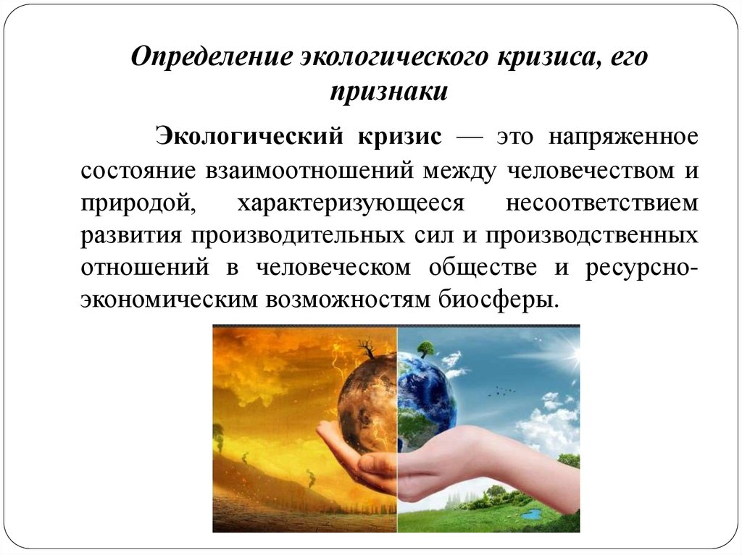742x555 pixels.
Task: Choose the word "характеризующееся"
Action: tap(349, 203)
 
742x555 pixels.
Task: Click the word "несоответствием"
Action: tap(602, 203)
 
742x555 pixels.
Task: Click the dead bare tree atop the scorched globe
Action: tap(370, 350)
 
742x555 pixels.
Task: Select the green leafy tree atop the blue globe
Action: tap(424, 347)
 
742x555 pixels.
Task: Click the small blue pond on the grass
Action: tap(532, 514)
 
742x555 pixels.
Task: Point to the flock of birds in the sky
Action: tap(499, 391)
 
